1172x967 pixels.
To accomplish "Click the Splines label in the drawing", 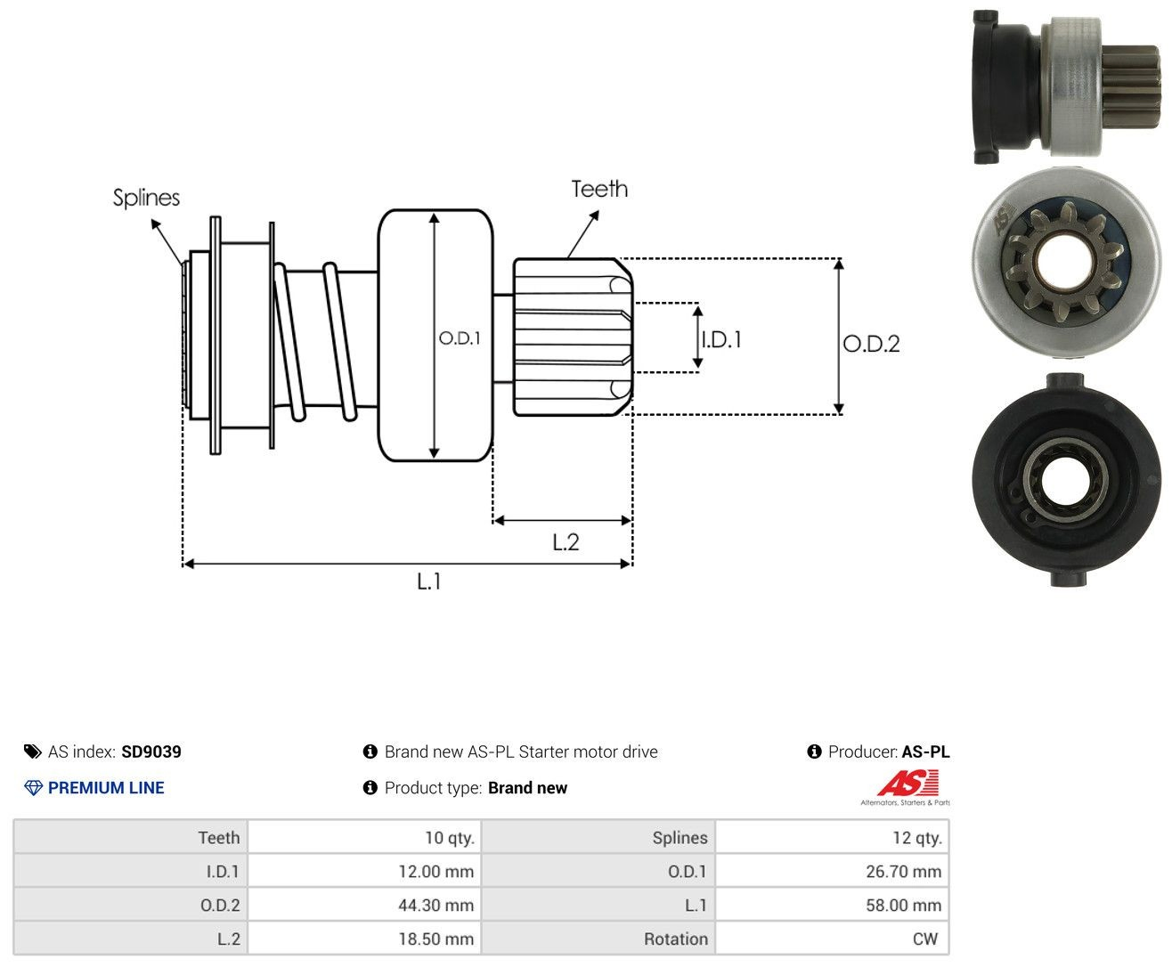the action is click(x=146, y=198).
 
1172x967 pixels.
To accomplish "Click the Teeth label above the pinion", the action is click(x=598, y=189).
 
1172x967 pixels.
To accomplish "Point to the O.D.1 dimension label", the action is click(x=460, y=337).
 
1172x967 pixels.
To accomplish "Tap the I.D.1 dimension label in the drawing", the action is click(x=722, y=339).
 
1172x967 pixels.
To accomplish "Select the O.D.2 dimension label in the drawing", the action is click(x=871, y=344).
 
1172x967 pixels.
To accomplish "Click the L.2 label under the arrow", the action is click(x=566, y=542).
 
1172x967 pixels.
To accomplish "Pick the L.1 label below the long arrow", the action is click(x=429, y=581).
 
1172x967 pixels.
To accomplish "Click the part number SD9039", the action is click(x=151, y=752).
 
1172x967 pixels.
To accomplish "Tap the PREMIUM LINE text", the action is click(x=106, y=787).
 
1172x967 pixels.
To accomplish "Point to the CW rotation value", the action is click(x=925, y=939).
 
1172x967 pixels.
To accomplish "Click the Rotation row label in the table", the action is click(x=676, y=939).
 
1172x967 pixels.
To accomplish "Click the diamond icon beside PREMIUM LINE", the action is click(x=33, y=788).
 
